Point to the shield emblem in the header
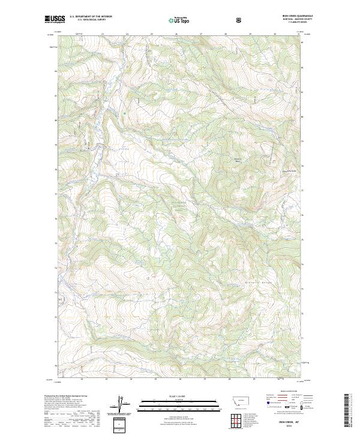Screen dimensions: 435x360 (238, 19)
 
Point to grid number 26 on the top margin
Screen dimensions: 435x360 (176, 34)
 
